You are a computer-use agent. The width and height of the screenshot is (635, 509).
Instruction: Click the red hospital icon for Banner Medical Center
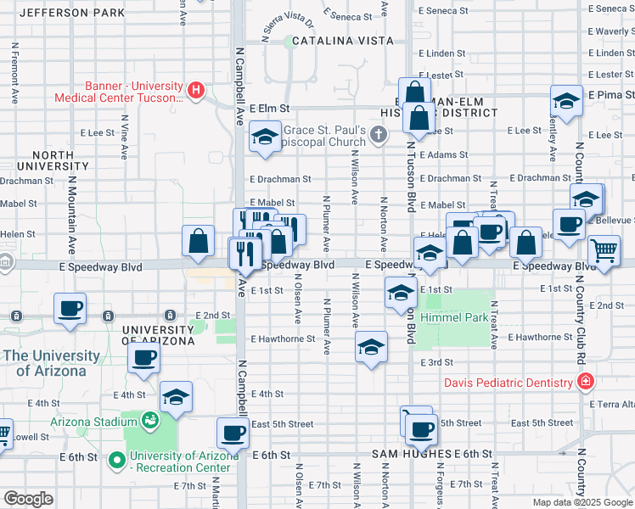[196, 89]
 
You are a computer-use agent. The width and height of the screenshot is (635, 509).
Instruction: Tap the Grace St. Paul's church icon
[379, 134]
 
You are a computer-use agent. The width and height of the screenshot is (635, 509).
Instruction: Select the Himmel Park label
[464, 318]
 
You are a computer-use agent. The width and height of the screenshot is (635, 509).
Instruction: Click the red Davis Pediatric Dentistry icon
[585, 383]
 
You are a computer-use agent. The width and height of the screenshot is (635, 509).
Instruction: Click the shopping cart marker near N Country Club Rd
[604, 250]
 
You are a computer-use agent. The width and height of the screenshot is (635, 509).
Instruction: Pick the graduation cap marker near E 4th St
[176, 397]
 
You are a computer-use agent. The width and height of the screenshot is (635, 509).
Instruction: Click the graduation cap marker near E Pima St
[566, 101]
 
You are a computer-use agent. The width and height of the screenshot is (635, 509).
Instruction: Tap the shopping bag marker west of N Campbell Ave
[198, 241]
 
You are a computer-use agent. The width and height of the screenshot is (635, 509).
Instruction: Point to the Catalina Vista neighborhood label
[342, 41]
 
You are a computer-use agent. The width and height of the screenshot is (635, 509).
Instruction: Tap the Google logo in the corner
[28, 499]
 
